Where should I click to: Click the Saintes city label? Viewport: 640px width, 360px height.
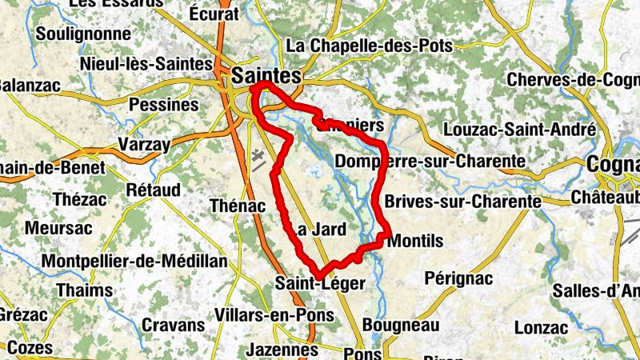266,77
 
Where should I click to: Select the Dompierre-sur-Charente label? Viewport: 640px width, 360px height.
430,162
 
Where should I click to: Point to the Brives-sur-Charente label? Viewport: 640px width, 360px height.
462,200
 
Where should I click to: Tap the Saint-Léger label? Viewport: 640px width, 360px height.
319,282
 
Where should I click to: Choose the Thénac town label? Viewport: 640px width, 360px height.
236,206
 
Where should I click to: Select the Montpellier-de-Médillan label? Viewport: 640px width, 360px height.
134,262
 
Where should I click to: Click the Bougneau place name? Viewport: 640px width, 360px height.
401,325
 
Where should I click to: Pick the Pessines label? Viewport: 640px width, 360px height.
163,105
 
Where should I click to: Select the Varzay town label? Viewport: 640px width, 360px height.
144,145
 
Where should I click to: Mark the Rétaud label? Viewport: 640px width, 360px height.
154,190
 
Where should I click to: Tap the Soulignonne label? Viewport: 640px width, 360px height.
83,34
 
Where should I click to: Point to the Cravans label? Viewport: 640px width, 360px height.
173,325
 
